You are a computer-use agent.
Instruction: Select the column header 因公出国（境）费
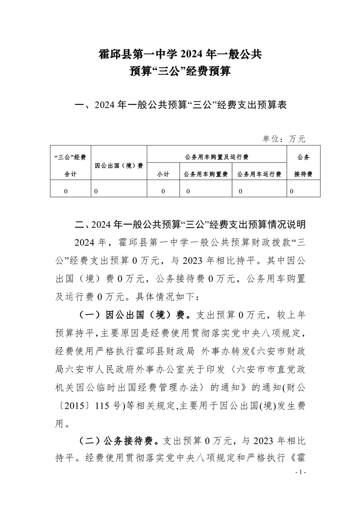119,166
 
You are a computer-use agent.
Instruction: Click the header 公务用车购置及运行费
217,157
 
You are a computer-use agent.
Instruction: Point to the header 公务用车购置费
206,174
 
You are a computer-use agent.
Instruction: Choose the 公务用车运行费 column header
259,174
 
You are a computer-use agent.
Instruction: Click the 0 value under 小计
163,191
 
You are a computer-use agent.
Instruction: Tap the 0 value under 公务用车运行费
240,191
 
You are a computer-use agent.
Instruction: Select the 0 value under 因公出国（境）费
96,191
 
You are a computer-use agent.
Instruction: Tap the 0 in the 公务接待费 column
291,191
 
